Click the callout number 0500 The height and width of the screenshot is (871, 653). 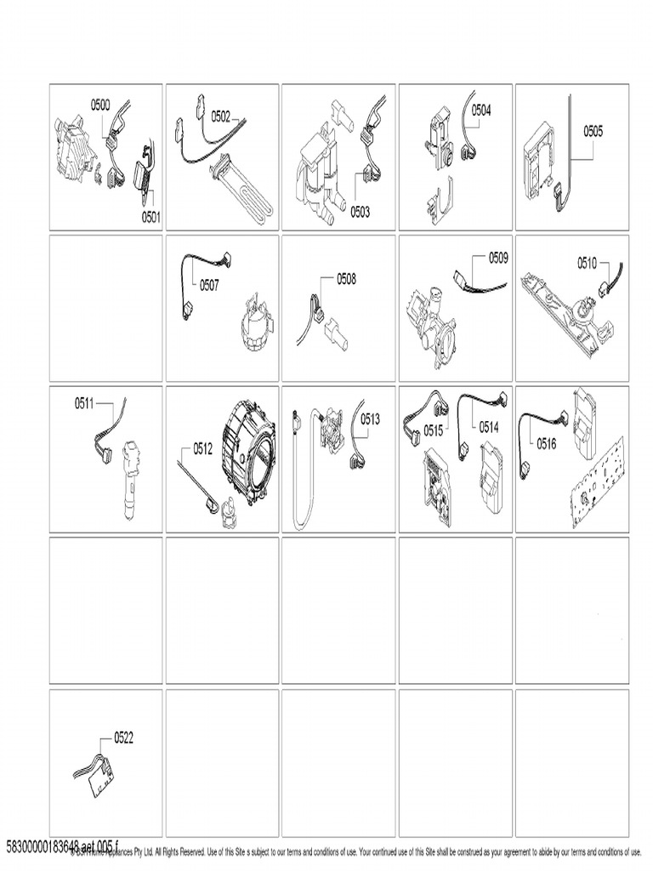coord(100,105)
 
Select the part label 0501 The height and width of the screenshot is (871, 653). coord(150,217)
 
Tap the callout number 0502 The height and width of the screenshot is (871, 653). coord(221,117)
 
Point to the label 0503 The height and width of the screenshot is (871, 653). coord(360,213)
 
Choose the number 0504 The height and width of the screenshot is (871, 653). coord(481,110)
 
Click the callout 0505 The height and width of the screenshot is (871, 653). coord(593,131)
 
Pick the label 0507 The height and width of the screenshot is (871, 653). coord(209,285)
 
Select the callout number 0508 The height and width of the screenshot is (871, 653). coord(346,278)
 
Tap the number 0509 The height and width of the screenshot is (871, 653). coord(498,257)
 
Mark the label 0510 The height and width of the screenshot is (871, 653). coord(587,263)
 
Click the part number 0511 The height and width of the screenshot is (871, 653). coord(84,403)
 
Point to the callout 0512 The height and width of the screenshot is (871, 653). coord(202,449)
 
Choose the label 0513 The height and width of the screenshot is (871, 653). coord(370,418)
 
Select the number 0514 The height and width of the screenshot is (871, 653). coord(488,427)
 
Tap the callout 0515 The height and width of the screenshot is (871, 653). coord(434,430)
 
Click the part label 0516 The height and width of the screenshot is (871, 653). coord(546,442)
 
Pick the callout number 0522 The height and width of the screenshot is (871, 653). coord(123,738)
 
